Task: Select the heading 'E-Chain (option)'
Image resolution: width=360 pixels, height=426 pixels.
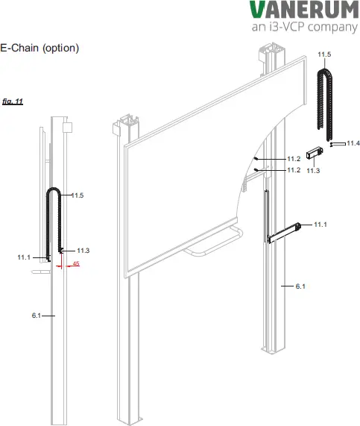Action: point(40,48)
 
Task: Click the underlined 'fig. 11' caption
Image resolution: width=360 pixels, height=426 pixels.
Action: point(13,101)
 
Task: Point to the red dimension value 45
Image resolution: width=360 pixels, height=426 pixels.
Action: point(77,263)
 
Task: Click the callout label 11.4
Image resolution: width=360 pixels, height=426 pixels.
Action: point(353,143)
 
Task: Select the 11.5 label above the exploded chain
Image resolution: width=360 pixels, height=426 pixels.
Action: point(324,55)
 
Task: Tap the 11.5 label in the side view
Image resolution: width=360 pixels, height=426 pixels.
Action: point(78,195)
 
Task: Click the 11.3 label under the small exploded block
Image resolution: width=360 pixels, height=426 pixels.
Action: point(313,171)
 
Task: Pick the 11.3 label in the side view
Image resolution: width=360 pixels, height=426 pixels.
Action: point(83,250)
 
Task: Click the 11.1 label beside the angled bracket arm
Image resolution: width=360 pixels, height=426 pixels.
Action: point(320,224)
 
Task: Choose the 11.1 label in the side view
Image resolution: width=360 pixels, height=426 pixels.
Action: point(24,257)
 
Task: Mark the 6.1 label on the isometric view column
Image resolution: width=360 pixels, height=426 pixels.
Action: point(300,286)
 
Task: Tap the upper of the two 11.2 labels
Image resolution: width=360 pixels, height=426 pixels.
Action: point(294,159)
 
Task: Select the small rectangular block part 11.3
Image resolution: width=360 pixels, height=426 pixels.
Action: point(313,154)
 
